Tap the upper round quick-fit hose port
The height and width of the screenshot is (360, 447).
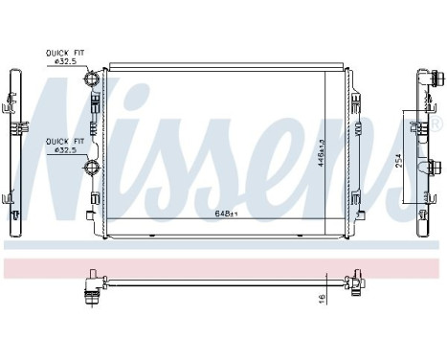[x=92, y=78]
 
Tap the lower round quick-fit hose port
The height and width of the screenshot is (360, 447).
[x=92, y=169]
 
